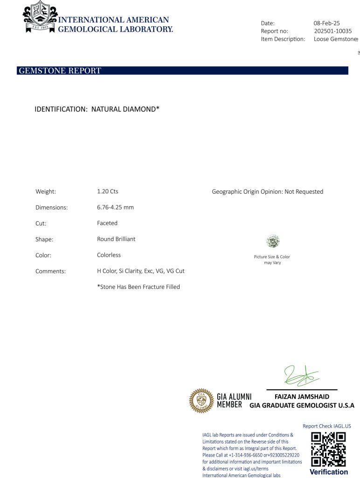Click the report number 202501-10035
pos(333,31)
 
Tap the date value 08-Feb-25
pos(326,23)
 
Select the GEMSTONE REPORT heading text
pos(60,71)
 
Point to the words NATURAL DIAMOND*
pos(125,109)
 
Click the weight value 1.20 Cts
pos(108,191)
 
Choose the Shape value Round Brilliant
pos(116,239)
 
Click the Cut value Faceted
pos(107,223)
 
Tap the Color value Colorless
pos(109,255)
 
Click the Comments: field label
pos(50,271)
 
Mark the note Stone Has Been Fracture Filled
pos(138,287)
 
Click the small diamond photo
pos(272,241)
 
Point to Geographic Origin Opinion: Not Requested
pos(267,191)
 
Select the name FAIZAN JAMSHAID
pos(302,397)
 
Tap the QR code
pos(328,449)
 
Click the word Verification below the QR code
pos(328,472)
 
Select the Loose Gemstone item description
pos(335,39)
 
